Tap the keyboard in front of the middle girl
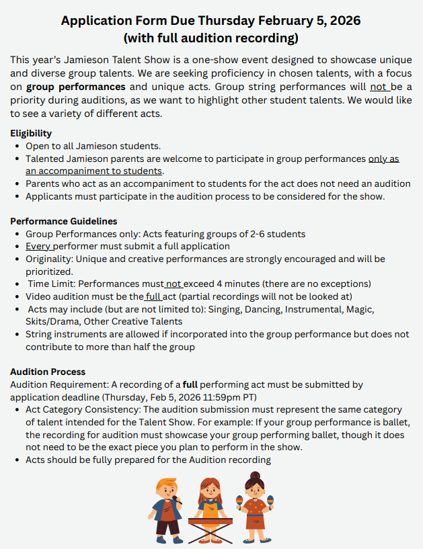210,521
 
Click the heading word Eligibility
31,133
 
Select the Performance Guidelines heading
64,221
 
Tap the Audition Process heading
48,372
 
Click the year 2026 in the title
340,21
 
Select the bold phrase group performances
76,87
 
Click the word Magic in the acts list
360,309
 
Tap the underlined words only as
383,159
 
